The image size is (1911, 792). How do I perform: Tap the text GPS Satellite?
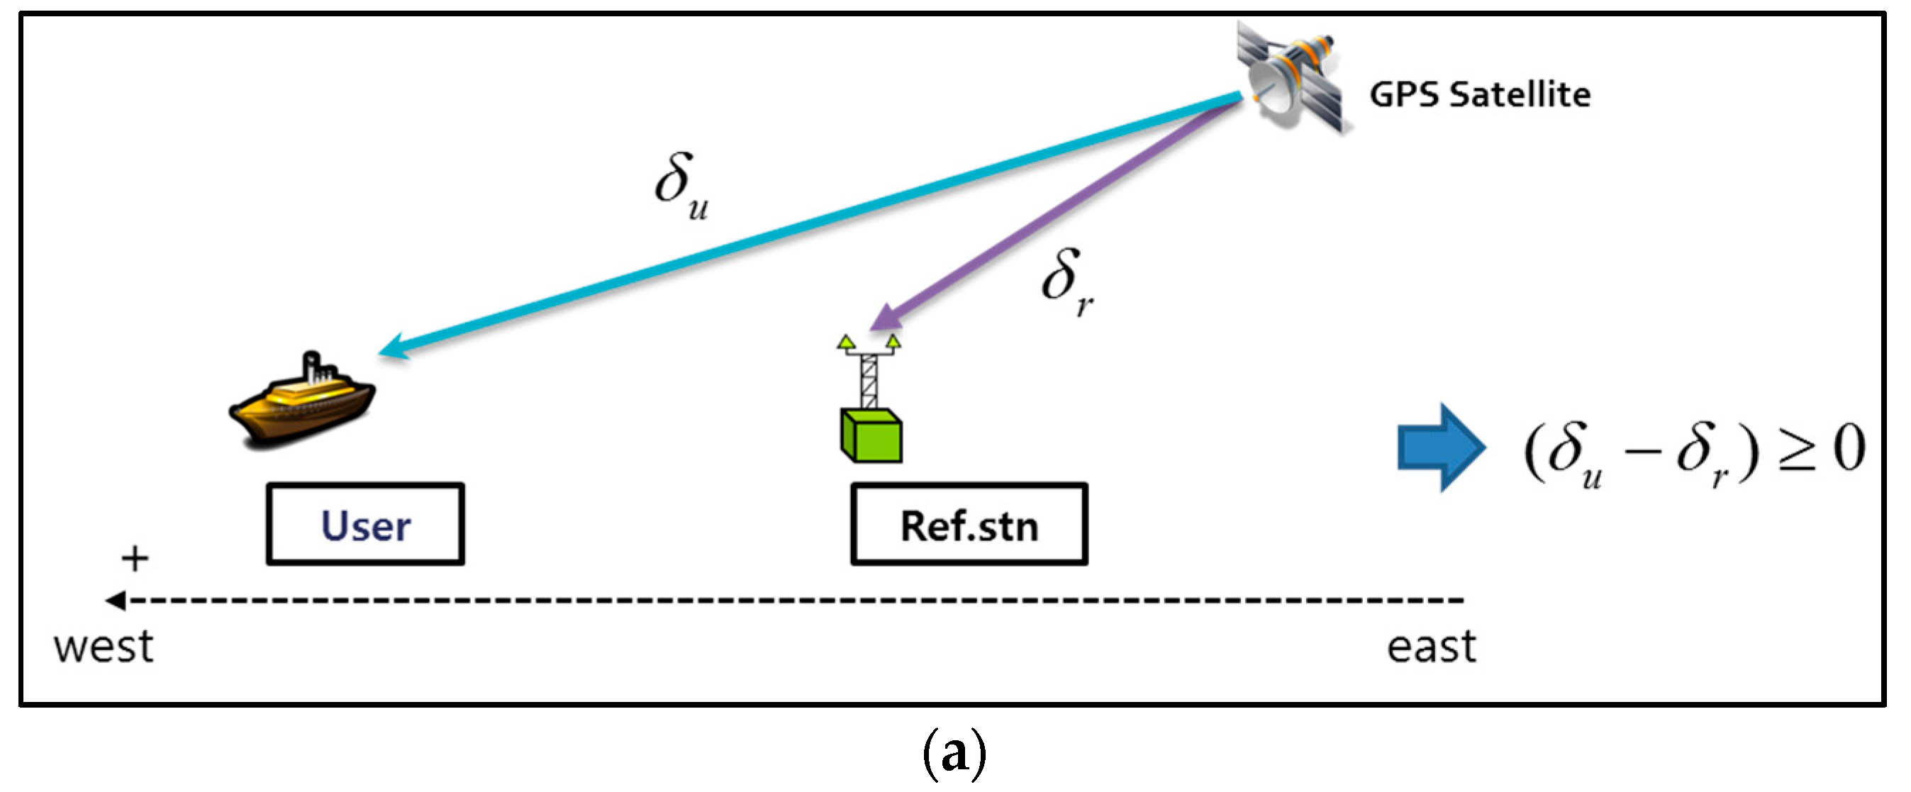pyautogui.click(x=1479, y=95)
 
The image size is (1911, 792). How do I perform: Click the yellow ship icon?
pyautogui.click(x=303, y=403)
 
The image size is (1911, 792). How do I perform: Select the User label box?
pyautogui.click(x=366, y=525)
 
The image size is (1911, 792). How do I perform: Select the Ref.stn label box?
pyautogui.click(x=969, y=525)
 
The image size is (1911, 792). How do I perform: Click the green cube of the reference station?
pyautogui.click(x=871, y=437)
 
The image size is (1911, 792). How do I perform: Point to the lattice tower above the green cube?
pyautogui.click(x=869, y=379)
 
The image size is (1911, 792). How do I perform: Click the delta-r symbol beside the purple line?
pyautogui.click(x=1066, y=281)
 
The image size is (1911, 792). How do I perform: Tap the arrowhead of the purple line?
pyautogui.click(x=883, y=319)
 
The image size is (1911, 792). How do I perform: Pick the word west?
pyautogui.click(x=104, y=647)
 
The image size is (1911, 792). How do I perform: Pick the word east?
pyautogui.click(x=1431, y=647)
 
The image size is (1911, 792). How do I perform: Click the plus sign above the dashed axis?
pyautogui.click(x=135, y=559)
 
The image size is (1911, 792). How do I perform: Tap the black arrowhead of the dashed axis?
pyautogui.click(x=115, y=600)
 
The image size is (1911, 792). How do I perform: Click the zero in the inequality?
pyautogui.click(x=1849, y=449)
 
